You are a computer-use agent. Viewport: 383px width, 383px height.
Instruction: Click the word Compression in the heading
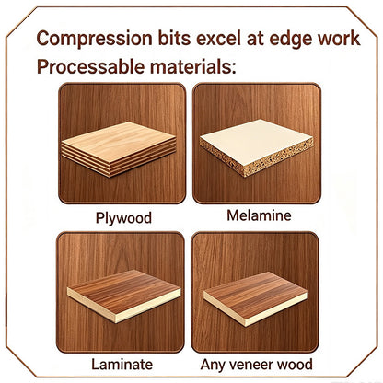tap(94, 39)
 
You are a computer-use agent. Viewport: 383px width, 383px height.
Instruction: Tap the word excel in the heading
tap(218, 39)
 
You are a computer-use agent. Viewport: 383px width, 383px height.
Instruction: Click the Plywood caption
tap(123, 218)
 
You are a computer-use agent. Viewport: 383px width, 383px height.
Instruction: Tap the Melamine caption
tap(259, 215)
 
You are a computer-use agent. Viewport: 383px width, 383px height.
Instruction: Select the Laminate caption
tap(122, 365)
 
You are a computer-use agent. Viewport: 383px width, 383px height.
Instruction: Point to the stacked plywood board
tap(119, 148)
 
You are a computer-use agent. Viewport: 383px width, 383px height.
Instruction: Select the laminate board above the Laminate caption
tap(123, 296)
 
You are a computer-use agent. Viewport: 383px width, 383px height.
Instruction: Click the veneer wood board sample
tap(255, 298)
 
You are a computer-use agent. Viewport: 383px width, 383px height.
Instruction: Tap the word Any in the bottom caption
tap(213, 365)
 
